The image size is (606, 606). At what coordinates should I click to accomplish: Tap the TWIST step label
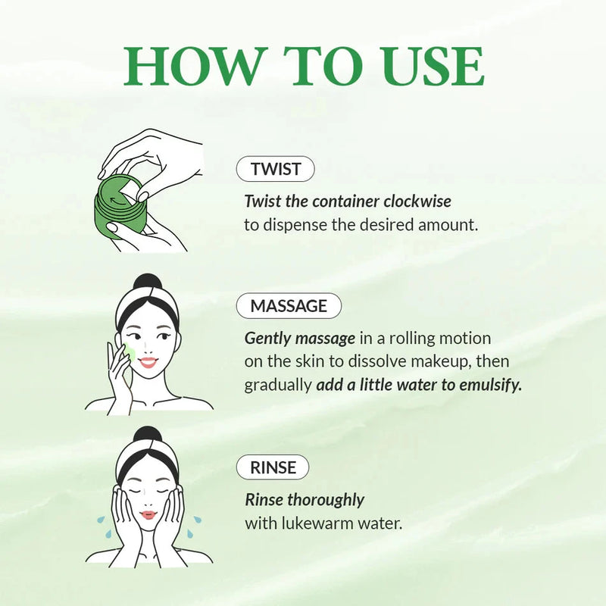(x=275, y=170)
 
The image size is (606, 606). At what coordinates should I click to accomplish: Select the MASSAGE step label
(x=289, y=306)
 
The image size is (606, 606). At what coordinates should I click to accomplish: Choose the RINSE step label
(x=273, y=467)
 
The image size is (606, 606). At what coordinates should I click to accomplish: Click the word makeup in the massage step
(x=412, y=361)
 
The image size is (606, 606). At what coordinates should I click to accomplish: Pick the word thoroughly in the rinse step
(x=326, y=500)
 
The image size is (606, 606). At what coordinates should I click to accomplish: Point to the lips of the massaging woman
(x=148, y=363)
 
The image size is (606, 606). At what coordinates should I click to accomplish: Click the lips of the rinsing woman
(x=148, y=515)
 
